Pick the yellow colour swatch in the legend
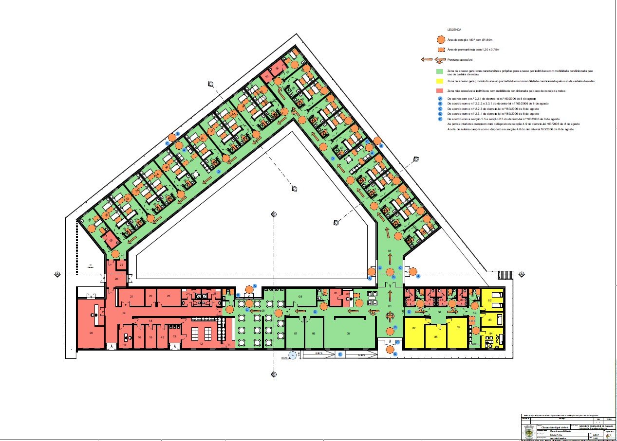440,81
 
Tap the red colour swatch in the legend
440,91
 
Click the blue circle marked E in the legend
440,119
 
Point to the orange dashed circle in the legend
440,40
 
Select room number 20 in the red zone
91,333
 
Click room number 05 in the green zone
348,333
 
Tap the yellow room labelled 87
414,329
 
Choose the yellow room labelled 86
436,336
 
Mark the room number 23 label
168,296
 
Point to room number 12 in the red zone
201,344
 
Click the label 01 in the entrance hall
389,306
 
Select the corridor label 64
390,250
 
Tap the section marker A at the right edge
522,274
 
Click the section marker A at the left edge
57,274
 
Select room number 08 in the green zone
300,296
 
